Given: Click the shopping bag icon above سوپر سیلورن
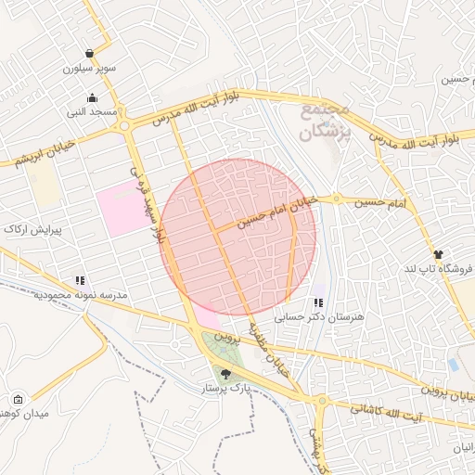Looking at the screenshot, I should pos(89,54).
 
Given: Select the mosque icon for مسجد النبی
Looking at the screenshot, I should pos(92,98).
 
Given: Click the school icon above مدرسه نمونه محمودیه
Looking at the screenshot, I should pos(81,279).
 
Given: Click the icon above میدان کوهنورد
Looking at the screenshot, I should pos(19,398).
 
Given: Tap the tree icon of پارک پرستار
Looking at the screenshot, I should pos(227,375).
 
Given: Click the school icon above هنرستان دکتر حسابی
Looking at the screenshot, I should pos(318,302).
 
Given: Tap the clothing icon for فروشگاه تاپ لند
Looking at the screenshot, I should pos(437,253).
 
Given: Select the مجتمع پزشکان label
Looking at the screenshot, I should pos(325,121).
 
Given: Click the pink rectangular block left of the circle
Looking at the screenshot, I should pos(122,209).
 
